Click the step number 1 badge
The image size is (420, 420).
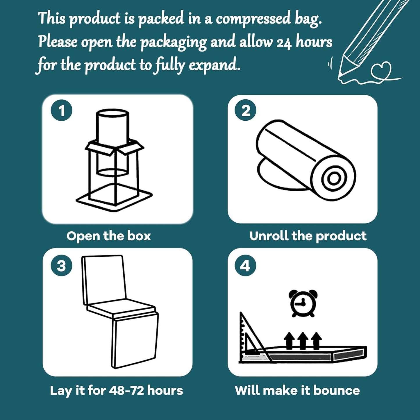pos(62,110)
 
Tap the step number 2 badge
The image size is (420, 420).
pos(246,110)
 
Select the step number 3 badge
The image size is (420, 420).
pos(62,266)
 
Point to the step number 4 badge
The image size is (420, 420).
pos(246,266)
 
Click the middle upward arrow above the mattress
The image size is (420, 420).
pos(303,341)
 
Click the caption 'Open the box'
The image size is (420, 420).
pos(109,236)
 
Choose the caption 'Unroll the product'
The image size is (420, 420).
pos(308,236)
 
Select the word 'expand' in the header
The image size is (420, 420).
pos(214,65)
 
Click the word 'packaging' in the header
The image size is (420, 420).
pos(173,42)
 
